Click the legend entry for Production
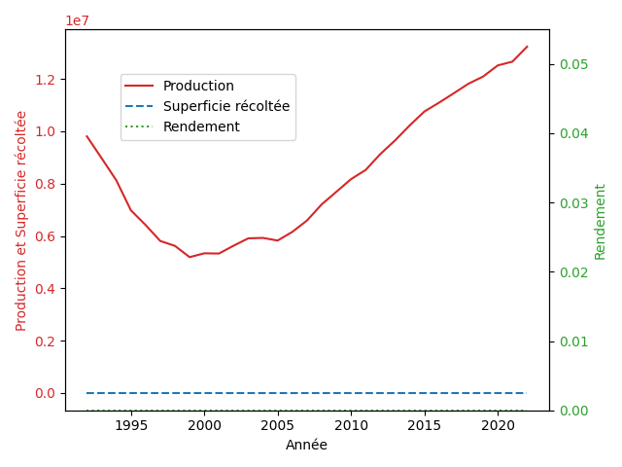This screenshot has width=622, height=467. pos(198,86)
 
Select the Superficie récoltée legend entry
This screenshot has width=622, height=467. pos(226,106)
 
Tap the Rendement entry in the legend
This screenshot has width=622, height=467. pos(201,126)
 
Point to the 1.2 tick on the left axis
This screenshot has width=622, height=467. pos(45,80)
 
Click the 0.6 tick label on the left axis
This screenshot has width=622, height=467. pos(45,236)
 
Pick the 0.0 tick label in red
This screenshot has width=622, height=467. pos(45,393)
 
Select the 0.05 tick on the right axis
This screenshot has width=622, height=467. pos(573,64)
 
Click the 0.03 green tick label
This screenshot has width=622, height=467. pos(573,203)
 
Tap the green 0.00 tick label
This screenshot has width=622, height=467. pos(573,411)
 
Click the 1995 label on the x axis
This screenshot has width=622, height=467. pos(131,426)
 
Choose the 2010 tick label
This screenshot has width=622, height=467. pos(351,426)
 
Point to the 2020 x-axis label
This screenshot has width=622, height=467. pos(498,426)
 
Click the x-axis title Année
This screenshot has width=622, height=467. pos(307,445)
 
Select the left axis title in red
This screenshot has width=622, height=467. pos(20,221)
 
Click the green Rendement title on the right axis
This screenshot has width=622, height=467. pos(600,222)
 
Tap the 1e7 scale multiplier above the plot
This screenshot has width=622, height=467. pos(78,20)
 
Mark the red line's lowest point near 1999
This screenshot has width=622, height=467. pos(190,257)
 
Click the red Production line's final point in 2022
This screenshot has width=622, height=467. pos(527,47)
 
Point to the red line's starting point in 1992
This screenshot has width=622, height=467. pos(86,136)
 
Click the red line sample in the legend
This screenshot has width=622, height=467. pos(139,86)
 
